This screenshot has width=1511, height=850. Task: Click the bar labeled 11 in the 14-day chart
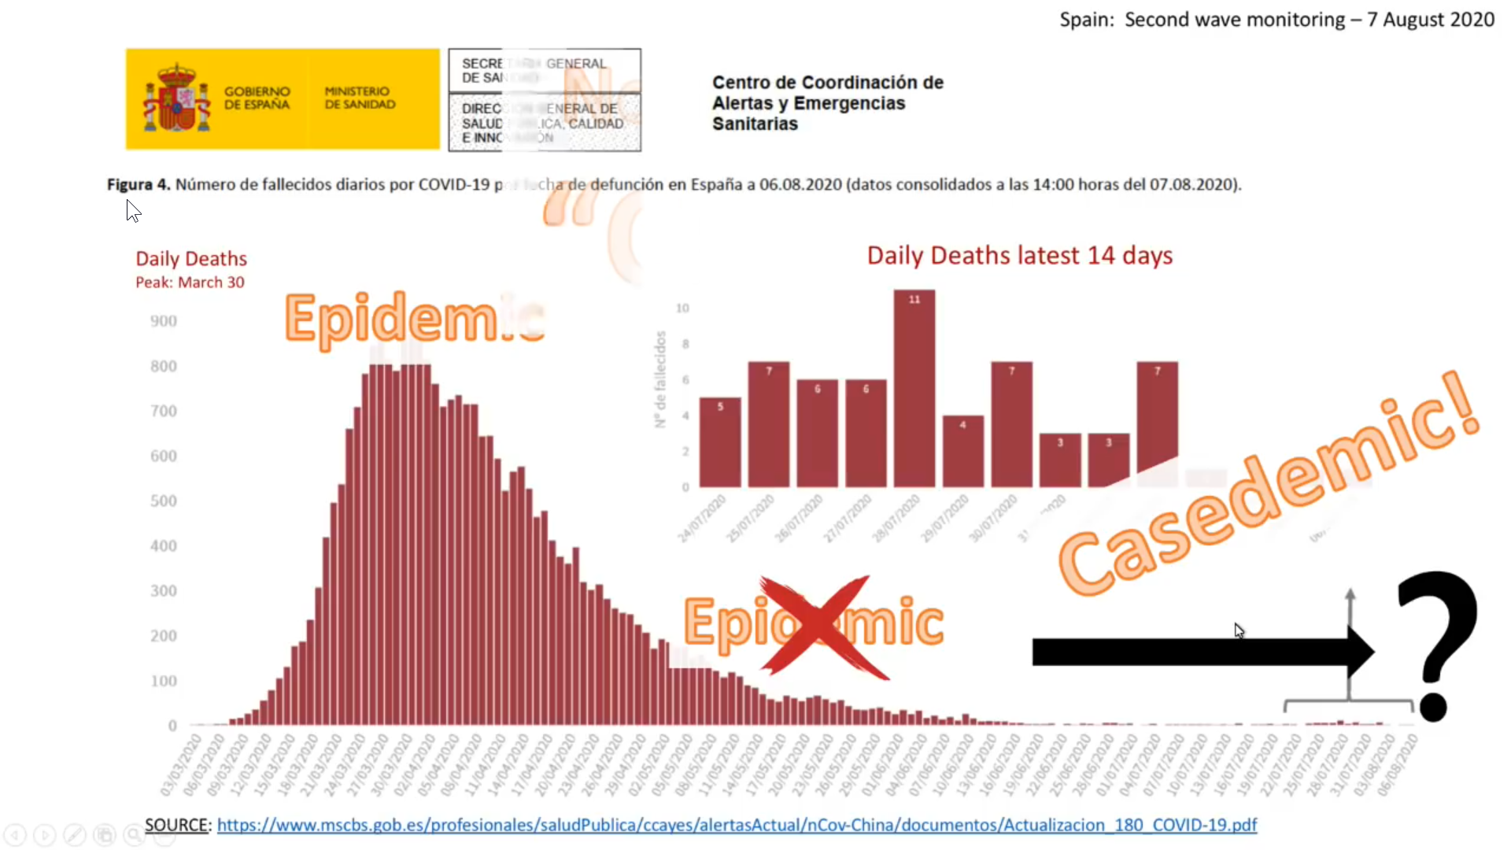pos(914,390)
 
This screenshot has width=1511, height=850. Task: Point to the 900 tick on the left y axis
pos(164,321)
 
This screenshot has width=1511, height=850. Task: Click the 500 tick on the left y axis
pos(164,501)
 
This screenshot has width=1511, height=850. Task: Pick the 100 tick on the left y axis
pos(164,681)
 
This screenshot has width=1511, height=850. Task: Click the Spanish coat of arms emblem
pos(177,98)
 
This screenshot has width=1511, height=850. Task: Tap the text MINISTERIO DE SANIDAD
pos(360,98)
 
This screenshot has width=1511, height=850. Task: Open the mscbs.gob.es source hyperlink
pos(736,825)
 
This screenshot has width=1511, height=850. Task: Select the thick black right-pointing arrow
pos(1196,652)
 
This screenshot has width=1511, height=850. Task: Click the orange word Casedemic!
pos(1267,488)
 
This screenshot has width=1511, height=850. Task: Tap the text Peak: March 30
pos(190,283)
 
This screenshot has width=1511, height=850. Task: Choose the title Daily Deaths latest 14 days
pos(1019,256)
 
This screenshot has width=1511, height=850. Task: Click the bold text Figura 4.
pos(139,184)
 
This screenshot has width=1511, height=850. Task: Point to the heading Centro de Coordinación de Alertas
pos(827,103)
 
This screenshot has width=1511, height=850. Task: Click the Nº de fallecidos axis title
pos(660,379)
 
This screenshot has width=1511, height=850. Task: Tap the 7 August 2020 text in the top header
pos(1430,20)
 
